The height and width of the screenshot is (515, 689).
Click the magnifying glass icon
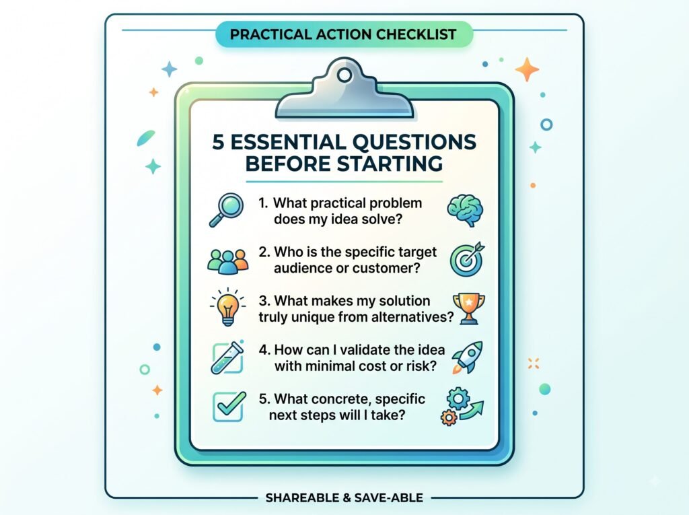pyautogui.click(x=226, y=210)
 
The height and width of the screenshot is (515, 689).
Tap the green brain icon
pyautogui.click(x=466, y=211)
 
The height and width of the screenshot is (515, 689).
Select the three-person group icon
pyautogui.click(x=227, y=262)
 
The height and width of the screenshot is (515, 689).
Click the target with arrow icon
pyautogui.click(x=467, y=259)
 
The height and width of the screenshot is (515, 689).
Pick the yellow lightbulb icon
pyautogui.click(x=227, y=307)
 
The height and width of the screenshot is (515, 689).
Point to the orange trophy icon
pyautogui.click(x=469, y=309)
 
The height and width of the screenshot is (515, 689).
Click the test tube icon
pyautogui.click(x=227, y=357)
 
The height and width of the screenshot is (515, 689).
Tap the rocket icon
pyautogui.click(x=468, y=357)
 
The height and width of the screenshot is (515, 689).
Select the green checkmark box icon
pyautogui.click(x=229, y=407)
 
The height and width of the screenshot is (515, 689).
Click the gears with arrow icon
pyautogui.click(x=462, y=407)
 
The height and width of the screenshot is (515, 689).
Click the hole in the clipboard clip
pyautogui.click(x=344, y=75)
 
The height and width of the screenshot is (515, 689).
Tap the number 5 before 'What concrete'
pyautogui.click(x=263, y=399)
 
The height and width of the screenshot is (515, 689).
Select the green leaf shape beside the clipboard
pyautogui.click(x=146, y=138)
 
